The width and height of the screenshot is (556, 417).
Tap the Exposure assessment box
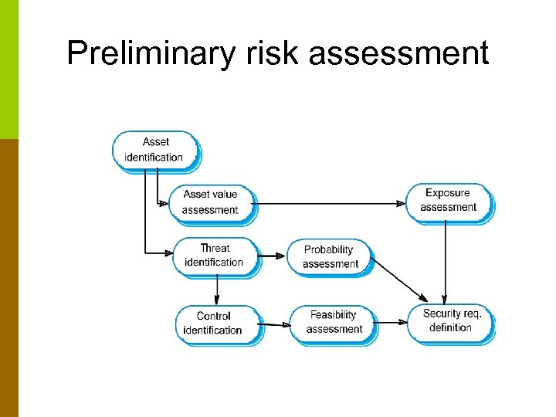(449, 200)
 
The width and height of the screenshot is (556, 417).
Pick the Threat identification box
(214, 256)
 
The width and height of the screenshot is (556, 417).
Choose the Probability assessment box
(329, 257)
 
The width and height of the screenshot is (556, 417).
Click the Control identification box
(214, 323)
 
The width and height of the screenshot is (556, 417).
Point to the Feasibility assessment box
(334, 322)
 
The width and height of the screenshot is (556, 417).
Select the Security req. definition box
(451, 320)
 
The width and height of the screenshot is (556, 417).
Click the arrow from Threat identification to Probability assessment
(273, 256)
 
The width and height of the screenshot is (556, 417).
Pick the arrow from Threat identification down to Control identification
(217, 289)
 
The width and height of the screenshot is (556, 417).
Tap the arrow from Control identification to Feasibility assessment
(276, 324)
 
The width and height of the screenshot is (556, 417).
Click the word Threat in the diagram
(215, 249)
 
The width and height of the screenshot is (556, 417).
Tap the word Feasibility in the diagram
(334, 315)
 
